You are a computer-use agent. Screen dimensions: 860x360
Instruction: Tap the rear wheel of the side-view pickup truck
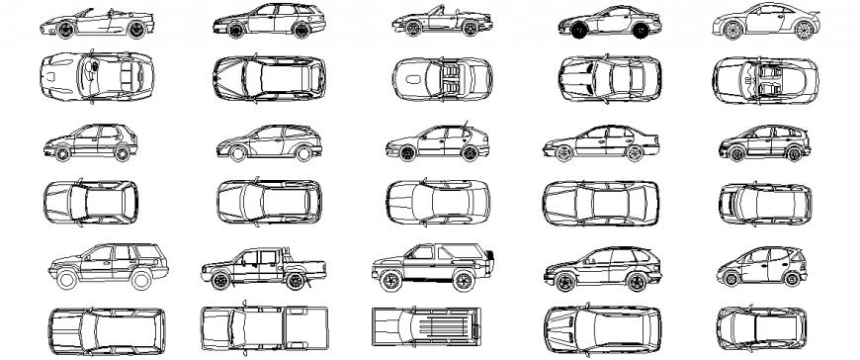coord(295,282)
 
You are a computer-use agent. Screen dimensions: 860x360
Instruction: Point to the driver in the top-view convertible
coord(91,70)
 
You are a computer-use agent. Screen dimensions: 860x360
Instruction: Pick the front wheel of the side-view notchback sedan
coord(559,153)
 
